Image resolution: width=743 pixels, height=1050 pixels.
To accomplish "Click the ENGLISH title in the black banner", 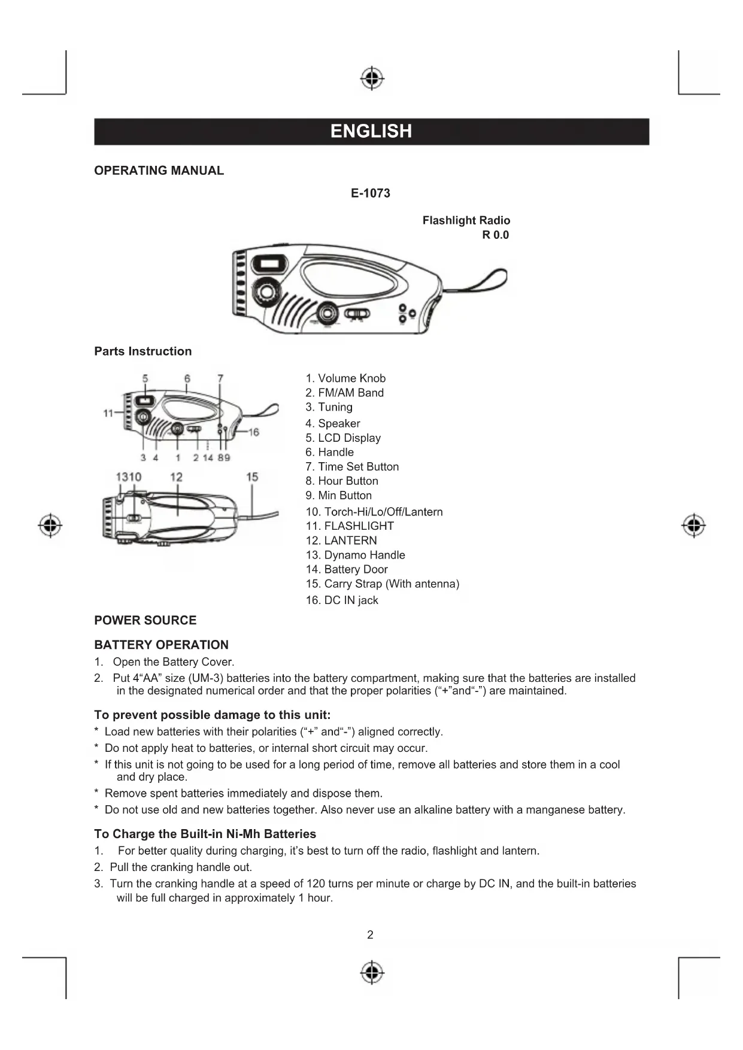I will [x=371, y=131].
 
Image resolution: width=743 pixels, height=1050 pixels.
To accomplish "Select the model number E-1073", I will [x=370, y=193].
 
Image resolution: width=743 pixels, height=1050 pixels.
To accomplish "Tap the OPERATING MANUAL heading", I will [x=159, y=171].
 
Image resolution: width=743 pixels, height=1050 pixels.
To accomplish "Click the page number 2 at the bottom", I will [x=370, y=934].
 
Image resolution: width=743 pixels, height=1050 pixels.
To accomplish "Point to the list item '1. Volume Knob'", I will [x=345, y=378].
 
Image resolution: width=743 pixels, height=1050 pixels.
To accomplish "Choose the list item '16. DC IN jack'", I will [x=342, y=600].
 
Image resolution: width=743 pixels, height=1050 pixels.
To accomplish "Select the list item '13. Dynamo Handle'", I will [x=355, y=555].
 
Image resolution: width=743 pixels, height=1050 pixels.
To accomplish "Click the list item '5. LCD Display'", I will [x=343, y=438].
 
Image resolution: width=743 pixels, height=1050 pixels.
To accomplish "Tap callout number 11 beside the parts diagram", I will [x=108, y=413].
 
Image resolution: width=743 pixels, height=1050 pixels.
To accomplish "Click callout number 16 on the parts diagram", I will [x=253, y=432].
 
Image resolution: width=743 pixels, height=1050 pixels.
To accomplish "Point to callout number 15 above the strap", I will [x=252, y=477].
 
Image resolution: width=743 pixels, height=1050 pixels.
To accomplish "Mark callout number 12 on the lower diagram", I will [x=176, y=477].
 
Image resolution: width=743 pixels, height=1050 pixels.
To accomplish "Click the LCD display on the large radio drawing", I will [x=263, y=264].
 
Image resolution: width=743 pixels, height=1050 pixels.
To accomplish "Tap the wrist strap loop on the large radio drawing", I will [x=485, y=280].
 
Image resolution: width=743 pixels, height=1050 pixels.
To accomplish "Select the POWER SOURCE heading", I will [x=145, y=620].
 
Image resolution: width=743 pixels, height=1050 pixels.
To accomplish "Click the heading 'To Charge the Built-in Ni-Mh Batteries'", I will [x=205, y=834].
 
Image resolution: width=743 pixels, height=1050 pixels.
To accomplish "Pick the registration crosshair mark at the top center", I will [x=372, y=78].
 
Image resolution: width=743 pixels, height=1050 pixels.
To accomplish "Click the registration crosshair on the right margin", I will [x=693, y=525].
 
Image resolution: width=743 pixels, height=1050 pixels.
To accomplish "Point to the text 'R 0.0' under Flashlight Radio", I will [x=495, y=235].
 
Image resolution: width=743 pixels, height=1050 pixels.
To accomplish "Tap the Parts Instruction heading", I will [x=142, y=351].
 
